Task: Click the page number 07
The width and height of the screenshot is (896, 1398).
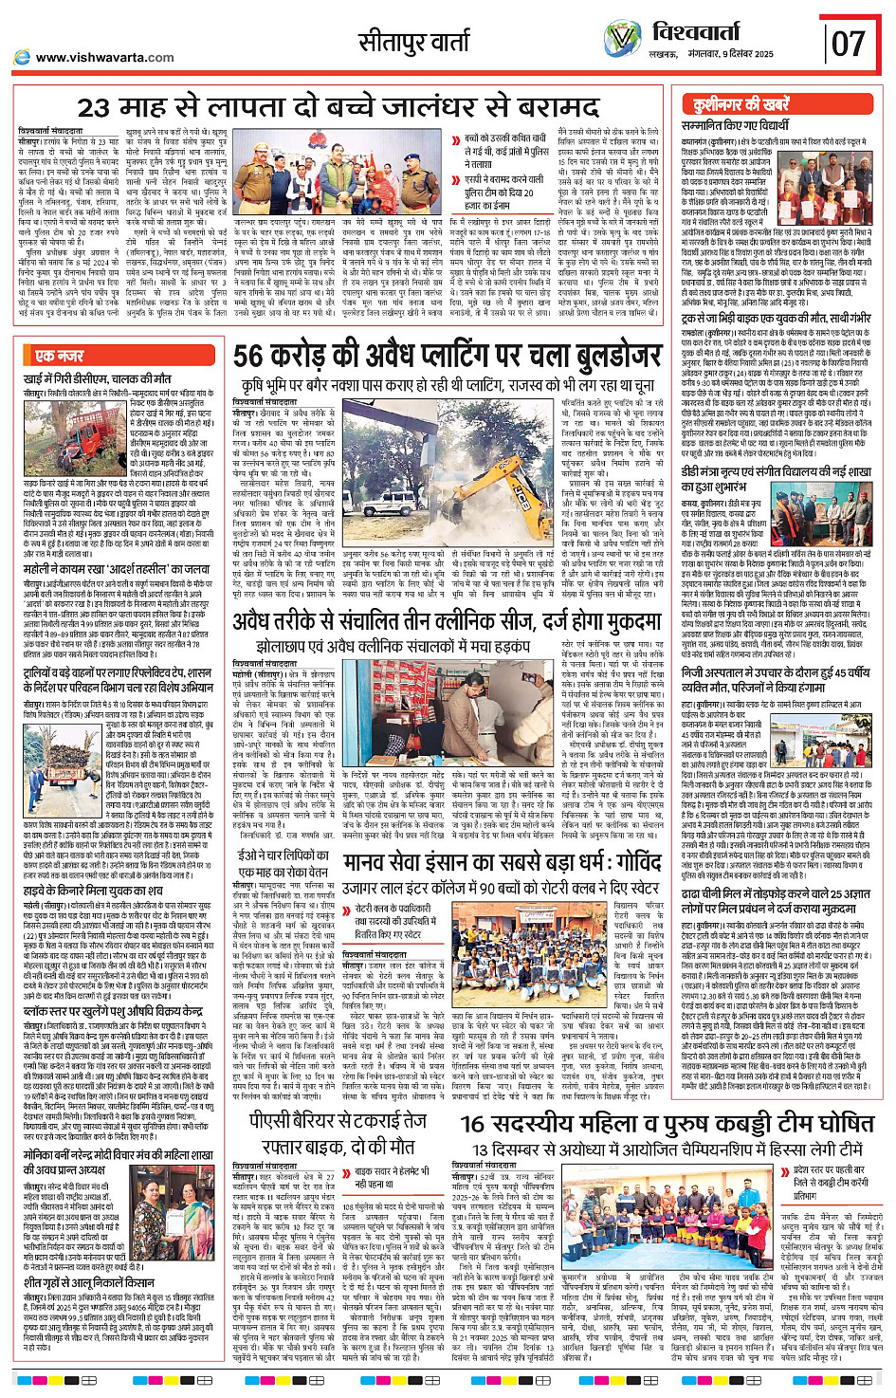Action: click(848, 44)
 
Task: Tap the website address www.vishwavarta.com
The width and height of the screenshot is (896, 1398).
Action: click(104, 57)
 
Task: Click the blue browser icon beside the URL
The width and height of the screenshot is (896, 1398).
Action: click(23, 57)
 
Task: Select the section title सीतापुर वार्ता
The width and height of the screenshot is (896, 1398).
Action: click(413, 42)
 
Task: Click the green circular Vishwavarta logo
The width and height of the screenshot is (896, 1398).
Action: click(622, 39)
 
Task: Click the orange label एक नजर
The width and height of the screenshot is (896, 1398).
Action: click(59, 356)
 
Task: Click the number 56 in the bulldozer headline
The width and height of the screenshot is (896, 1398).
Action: click(248, 357)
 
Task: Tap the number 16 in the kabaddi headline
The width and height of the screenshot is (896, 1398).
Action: click(473, 1124)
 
